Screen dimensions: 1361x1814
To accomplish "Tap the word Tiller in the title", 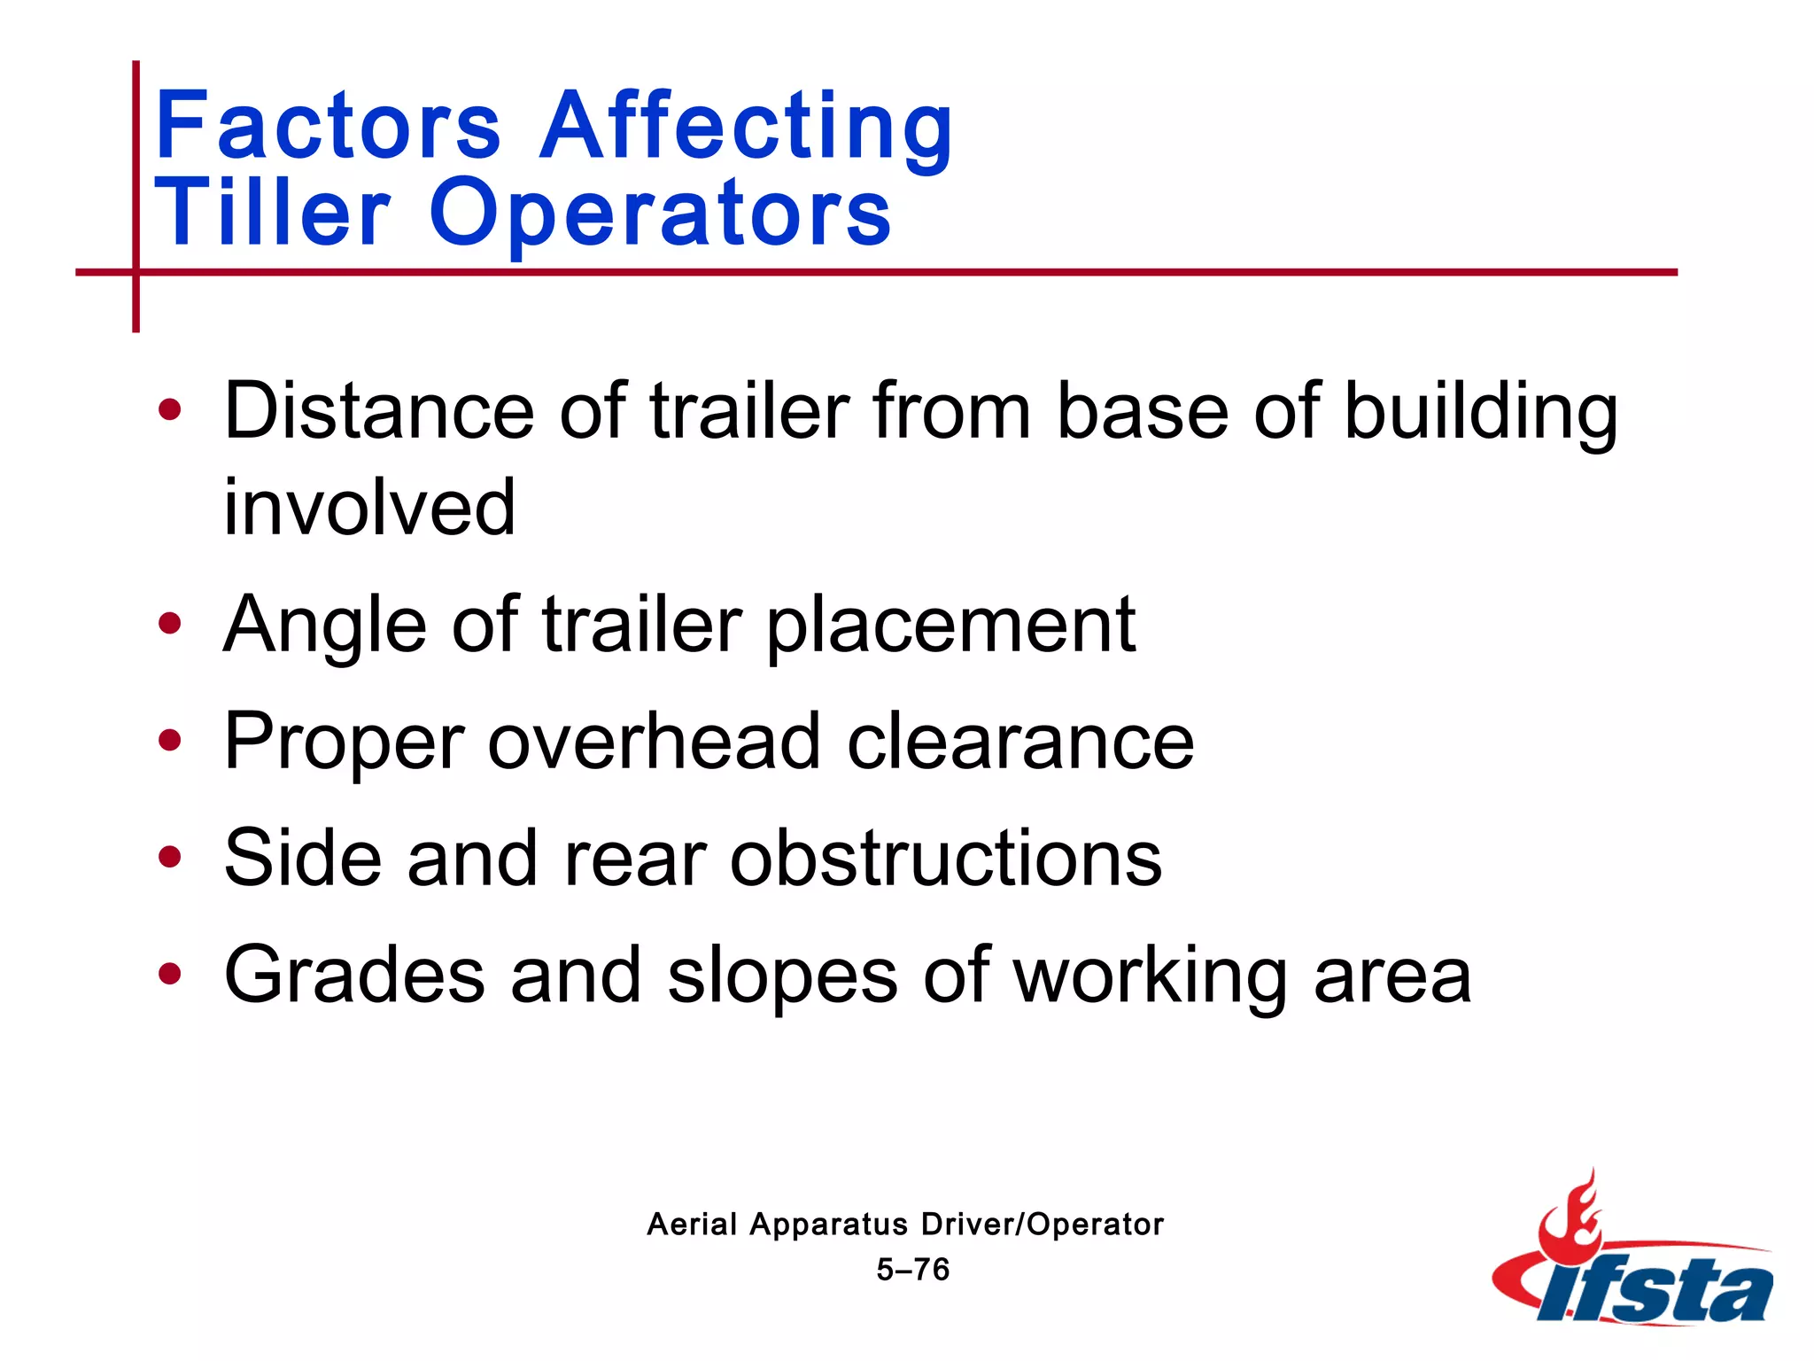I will [273, 213].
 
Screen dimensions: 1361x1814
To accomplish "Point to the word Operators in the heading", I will [660, 213].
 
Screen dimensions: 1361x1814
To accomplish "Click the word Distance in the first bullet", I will [379, 410].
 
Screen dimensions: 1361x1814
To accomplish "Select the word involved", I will [369, 507].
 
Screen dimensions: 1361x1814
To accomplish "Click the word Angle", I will [325, 625].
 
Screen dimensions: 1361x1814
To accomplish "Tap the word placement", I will [950, 625].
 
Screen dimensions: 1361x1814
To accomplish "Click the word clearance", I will [1020, 741].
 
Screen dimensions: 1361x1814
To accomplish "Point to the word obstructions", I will [945, 857].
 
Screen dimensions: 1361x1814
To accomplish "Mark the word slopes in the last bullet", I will [782, 975].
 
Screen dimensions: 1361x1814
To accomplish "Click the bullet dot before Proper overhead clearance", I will [169, 741].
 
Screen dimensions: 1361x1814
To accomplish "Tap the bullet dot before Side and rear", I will [169, 857].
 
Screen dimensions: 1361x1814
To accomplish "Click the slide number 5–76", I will [912, 1270].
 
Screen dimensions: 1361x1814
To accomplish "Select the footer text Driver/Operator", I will [1042, 1225].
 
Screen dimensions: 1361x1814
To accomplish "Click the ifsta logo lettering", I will [1656, 1292].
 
